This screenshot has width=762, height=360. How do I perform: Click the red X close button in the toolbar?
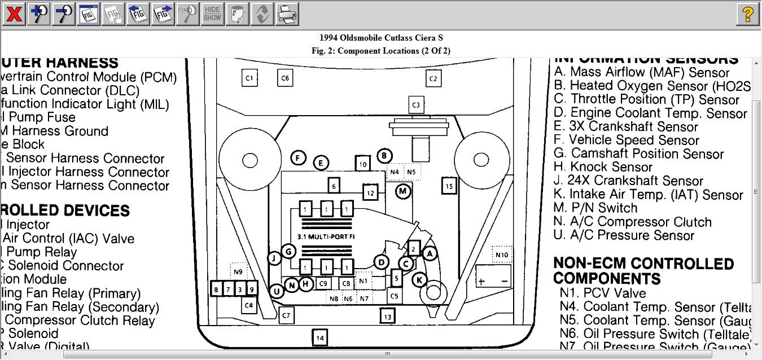click(x=14, y=14)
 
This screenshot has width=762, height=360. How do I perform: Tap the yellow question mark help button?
click(x=748, y=14)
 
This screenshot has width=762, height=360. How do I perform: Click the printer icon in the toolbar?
click(x=287, y=14)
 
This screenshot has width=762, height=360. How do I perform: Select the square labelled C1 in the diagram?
click(x=249, y=78)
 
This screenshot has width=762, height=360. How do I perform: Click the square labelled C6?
click(x=285, y=78)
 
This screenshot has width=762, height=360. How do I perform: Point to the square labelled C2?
click(x=433, y=78)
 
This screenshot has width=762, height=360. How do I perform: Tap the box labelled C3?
click(x=416, y=104)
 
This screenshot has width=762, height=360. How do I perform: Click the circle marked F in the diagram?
click(x=298, y=159)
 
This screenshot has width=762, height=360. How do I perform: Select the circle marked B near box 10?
click(x=384, y=156)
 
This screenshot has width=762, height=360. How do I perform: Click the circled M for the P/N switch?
click(x=402, y=191)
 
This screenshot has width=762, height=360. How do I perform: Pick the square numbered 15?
click(x=449, y=186)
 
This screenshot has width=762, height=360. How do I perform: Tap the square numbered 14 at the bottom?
click(x=320, y=338)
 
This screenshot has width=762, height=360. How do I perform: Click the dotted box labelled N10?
click(x=502, y=255)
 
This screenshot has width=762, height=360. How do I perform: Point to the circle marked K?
click(x=419, y=279)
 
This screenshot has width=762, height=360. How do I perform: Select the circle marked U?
click(x=276, y=291)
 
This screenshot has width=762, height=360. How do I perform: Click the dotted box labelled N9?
click(x=239, y=272)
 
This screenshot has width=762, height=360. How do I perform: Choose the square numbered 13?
click(x=387, y=316)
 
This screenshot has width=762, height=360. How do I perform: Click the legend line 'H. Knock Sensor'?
click(x=603, y=167)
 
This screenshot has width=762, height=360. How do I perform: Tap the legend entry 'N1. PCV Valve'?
click(x=603, y=293)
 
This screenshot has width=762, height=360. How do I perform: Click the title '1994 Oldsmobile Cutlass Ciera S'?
click(x=381, y=38)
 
